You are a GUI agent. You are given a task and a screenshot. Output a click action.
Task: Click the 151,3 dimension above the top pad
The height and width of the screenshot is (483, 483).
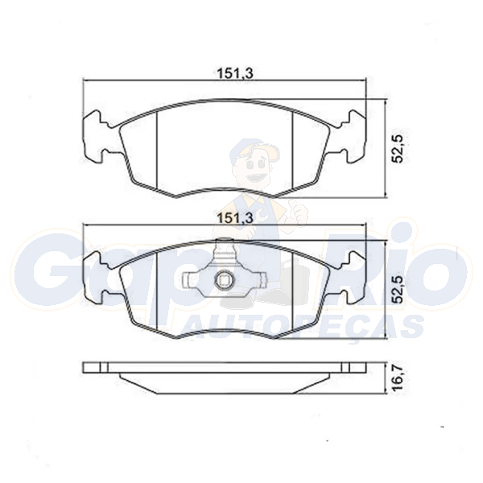[x=235, y=74]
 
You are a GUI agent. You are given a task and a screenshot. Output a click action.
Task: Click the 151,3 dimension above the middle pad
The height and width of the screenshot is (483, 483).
[x=235, y=218]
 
